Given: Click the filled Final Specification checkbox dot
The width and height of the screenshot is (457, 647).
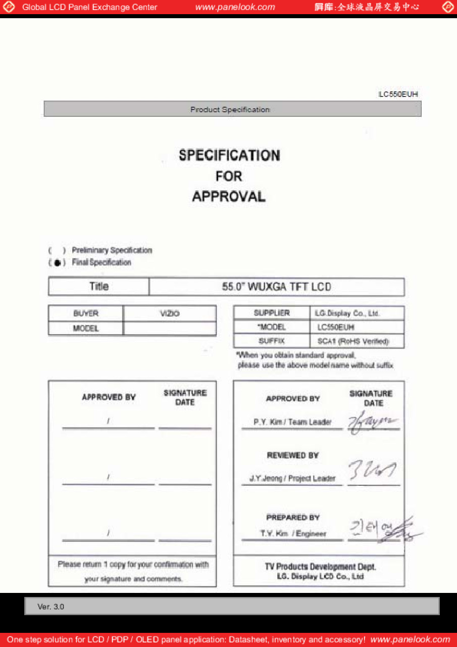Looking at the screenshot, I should (58, 263).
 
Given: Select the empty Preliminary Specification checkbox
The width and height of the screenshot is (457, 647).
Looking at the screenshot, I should (57, 251).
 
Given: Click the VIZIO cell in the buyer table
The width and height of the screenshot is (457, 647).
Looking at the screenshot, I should (170, 313).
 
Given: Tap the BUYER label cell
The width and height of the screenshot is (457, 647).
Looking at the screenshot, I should (86, 313).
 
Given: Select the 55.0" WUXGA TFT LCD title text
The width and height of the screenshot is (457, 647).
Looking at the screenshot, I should (276, 287).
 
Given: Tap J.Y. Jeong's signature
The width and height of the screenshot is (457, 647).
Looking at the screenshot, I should (372, 472).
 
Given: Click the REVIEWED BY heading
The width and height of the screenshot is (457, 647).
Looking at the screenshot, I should (293, 455).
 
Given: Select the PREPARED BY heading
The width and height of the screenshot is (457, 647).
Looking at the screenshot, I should (293, 518).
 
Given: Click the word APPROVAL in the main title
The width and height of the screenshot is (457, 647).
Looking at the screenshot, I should (229, 197).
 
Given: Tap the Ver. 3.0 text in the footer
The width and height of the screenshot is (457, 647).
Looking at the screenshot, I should (51, 607).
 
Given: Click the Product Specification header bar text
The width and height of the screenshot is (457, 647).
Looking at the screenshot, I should (230, 110).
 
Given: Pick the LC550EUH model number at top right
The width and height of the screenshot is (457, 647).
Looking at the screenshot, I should (398, 95).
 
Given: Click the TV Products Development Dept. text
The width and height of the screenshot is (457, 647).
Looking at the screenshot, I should (320, 567).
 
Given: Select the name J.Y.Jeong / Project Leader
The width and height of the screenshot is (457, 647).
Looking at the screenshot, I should (292, 478).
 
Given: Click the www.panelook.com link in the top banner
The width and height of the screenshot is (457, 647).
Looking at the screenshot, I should (235, 7).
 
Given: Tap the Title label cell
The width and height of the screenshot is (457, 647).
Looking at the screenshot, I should (98, 287).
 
